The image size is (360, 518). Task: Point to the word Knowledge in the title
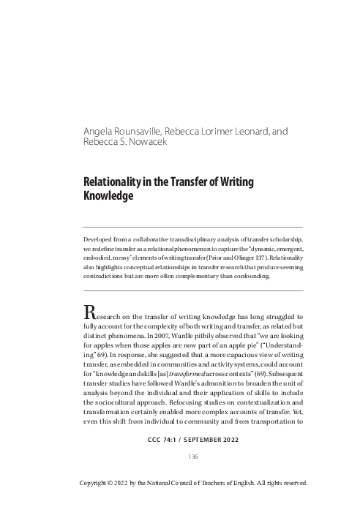click(x=110, y=197)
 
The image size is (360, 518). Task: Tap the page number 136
click(x=193, y=457)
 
